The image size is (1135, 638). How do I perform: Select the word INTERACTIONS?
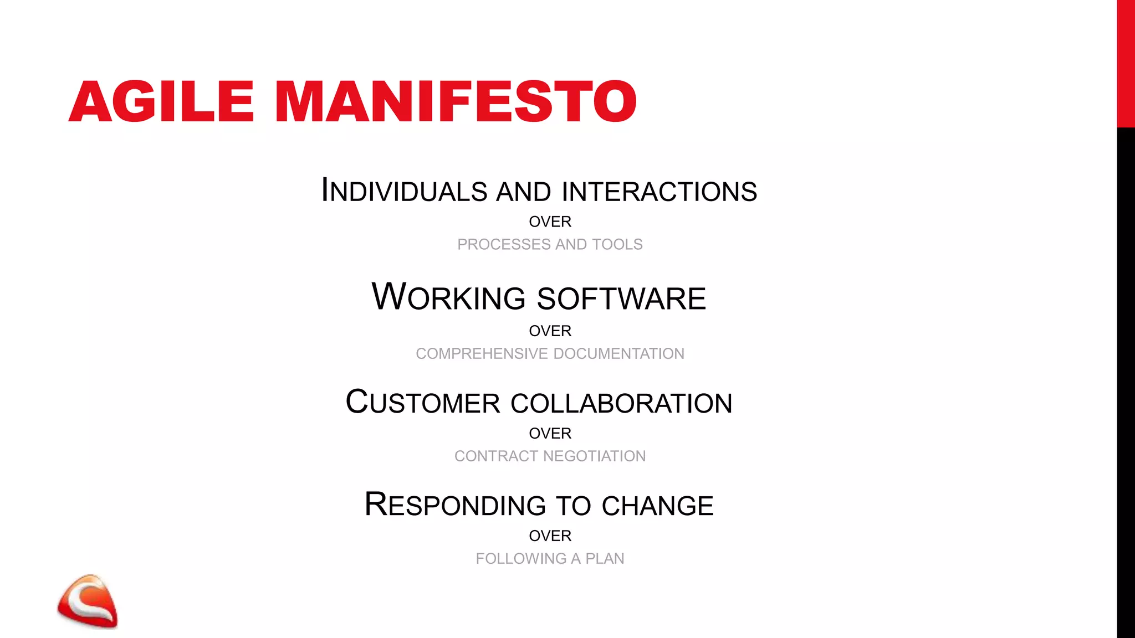click(659, 191)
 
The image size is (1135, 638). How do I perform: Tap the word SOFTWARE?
click(622, 299)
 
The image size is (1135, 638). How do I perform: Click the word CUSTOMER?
click(423, 403)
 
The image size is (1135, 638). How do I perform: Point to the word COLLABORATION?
click(621, 403)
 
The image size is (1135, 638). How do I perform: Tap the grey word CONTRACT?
click(496, 456)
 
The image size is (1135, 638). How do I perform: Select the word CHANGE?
click(658, 506)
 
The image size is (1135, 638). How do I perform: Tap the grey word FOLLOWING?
click(521, 558)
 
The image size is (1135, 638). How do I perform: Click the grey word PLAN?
click(605, 558)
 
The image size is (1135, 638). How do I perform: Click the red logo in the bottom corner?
click(88, 601)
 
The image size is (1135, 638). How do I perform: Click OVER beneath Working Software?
click(550, 331)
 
